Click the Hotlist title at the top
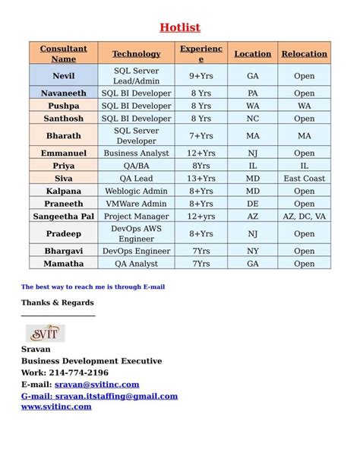pyautogui.click(x=180, y=28)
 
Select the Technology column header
pyautogui.click(x=137, y=54)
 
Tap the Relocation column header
pyautogui.click(x=304, y=54)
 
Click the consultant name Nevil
pyautogui.click(x=64, y=76)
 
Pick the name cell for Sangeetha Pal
pyautogui.click(x=64, y=217)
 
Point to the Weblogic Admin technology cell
pyautogui.click(x=137, y=192)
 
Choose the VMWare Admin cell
pyautogui.click(x=137, y=204)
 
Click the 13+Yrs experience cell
pyautogui.click(x=201, y=179)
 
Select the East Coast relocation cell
pyautogui.click(x=304, y=179)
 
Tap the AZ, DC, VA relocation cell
pyautogui.click(x=304, y=217)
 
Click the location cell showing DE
pyautogui.click(x=253, y=204)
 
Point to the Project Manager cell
pyautogui.click(x=137, y=217)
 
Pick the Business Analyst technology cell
pyautogui.click(x=137, y=154)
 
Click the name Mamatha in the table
pyautogui.click(x=64, y=264)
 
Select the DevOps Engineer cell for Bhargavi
pyautogui.click(x=137, y=251)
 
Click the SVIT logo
pyautogui.click(x=46, y=333)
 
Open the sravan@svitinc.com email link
pyautogui.click(x=96, y=385)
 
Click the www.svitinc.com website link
pyautogui.click(x=56, y=407)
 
